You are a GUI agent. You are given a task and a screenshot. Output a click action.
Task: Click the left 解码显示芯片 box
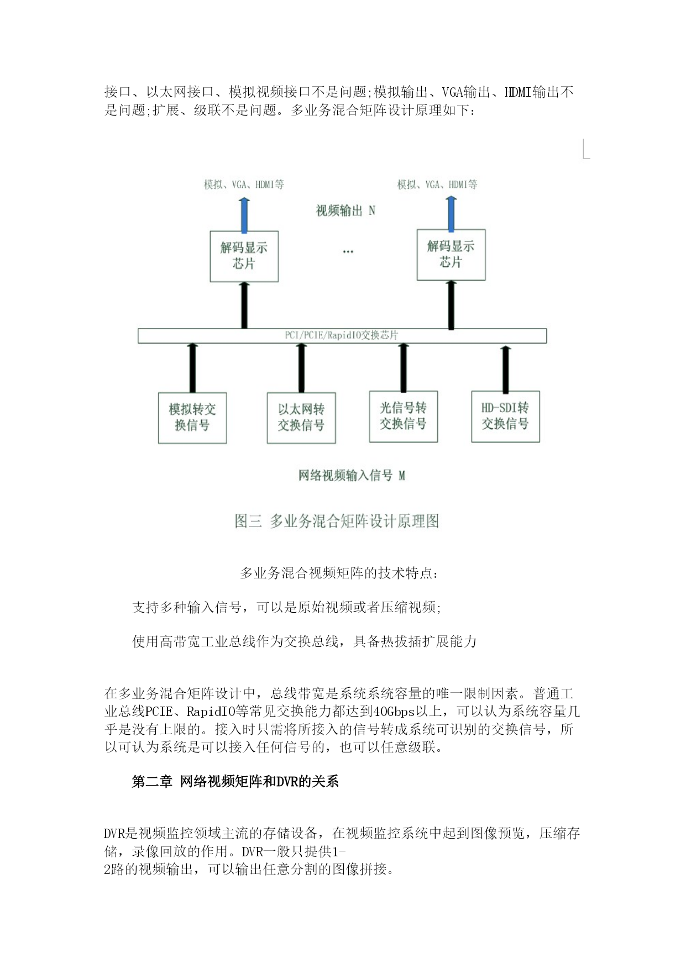[244, 256]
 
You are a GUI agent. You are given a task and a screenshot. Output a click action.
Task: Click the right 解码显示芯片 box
[451, 255]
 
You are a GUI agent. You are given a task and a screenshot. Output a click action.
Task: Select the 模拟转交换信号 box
[192, 418]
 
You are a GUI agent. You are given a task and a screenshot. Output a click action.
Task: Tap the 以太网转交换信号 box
[301, 418]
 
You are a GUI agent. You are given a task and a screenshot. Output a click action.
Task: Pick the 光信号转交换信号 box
[404, 417]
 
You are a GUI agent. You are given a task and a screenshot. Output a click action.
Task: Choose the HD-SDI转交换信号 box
[505, 417]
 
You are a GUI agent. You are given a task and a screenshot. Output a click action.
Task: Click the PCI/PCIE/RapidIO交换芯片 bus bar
[342, 336]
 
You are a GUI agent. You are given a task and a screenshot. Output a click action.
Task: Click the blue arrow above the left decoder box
[244, 214]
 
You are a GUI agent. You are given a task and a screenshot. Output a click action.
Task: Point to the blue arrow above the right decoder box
[452, 213]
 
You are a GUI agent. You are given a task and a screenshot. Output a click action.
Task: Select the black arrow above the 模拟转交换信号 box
[192, 368]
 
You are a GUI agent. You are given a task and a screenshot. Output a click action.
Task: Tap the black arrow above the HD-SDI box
[505, 369]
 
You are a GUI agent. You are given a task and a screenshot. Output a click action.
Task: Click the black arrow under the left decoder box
[244, 306]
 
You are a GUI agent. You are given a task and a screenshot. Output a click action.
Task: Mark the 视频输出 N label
[345, 210]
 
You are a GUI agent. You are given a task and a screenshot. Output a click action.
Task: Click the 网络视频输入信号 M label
[352, 476]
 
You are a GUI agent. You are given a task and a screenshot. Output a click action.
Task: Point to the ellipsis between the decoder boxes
[348, 252]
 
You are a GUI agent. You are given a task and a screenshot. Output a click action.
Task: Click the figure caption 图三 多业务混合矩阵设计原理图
[337, 521]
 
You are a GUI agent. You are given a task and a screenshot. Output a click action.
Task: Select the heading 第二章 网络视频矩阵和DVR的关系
[235, 781]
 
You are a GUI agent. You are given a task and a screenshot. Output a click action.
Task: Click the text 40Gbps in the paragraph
[394, 712]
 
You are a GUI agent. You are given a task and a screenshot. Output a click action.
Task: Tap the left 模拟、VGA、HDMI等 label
[244, 185]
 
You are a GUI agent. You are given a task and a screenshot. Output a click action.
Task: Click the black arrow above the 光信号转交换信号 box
[404, 367]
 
